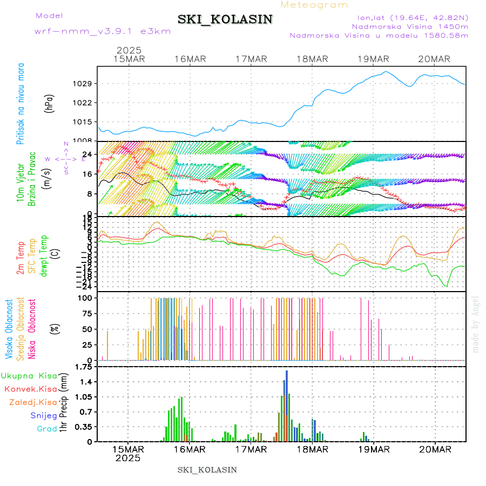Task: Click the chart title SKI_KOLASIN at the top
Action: [x=225, y=19]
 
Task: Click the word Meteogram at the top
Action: [x=314, y=5]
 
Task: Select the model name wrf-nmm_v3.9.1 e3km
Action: [x=102, y=31]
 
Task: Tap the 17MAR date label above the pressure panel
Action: [x=252, y=59]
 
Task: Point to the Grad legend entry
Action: [x=47, y=429]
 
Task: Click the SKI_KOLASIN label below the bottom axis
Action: [x=207, y=470]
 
